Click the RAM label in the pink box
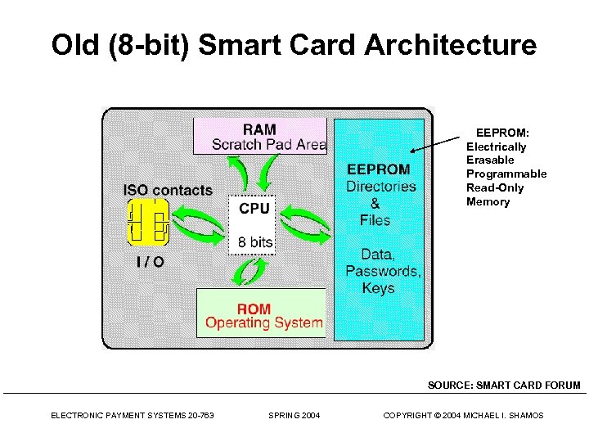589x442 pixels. coord(260,129)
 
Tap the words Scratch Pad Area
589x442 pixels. coord(268,145)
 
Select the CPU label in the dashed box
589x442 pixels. coord(254,209)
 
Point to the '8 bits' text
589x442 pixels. coord(255,242)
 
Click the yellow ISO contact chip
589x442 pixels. coord(148,222)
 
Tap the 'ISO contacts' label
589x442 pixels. coord(168,190)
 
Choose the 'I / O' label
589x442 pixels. coord(150,262)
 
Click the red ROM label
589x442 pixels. coord(254,309)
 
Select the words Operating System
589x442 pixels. coord(263,322)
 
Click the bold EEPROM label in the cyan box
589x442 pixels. coord(379,169)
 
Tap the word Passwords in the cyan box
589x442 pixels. coord(383,271)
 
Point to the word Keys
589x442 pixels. coord(378,288)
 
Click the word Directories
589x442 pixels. coord(380,186)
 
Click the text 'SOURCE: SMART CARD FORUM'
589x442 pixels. coord(504,385)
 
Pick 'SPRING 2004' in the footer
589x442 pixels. coord(294,416)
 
